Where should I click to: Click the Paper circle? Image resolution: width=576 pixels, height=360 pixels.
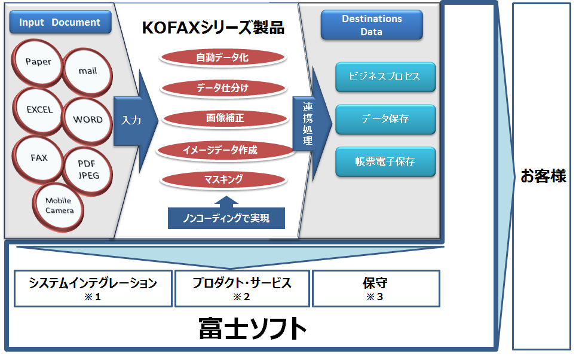coord(38,63)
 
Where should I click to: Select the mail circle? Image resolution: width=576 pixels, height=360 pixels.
coord(87,72)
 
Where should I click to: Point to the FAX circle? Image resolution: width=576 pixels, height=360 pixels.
coord(38,159)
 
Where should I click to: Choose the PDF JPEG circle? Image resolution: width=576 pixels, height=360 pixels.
coord(87,171)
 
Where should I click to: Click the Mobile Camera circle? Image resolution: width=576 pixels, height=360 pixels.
coord(59,207)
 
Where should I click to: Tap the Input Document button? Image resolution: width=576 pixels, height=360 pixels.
coord(60,22)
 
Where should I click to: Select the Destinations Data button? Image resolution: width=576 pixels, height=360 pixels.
coord(372,25)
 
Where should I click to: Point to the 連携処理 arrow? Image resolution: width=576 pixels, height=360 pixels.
coord(311,124)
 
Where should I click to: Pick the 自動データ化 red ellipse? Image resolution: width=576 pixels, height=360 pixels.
coord(223,58)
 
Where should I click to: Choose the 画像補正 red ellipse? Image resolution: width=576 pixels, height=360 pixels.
coord(225,118)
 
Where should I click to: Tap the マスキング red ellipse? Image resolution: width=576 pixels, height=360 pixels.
coord(223,179)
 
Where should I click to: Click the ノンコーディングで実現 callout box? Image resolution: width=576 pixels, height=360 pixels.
coord(226,218)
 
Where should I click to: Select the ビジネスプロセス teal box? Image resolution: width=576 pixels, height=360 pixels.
coord(385,77)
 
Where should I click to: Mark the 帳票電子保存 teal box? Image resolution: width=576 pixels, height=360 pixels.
coord(385,162)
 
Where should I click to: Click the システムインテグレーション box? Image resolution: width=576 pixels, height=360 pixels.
coord(93,289)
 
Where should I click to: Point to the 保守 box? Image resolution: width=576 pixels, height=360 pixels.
coord(376,289)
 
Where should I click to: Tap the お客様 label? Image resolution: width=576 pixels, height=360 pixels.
coord(543,176)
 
